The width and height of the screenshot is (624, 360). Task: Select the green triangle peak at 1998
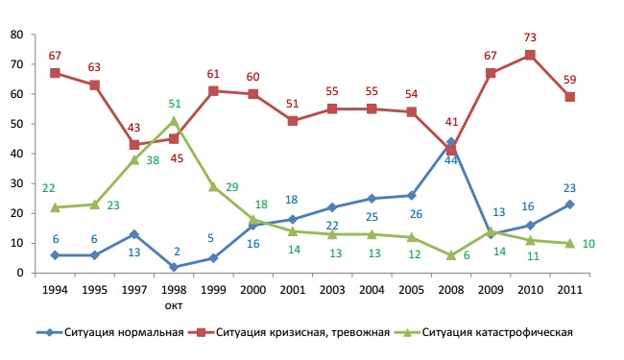[x=173, y=120]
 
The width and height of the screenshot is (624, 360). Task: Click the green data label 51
[x=175, y=104]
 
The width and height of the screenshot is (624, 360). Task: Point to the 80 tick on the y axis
[x=16, y=35]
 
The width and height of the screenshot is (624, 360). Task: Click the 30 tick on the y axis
[x=16, y=183]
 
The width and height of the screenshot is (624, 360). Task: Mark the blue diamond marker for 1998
[x=173, y=267]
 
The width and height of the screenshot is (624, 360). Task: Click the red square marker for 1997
[x=134, y=145]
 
